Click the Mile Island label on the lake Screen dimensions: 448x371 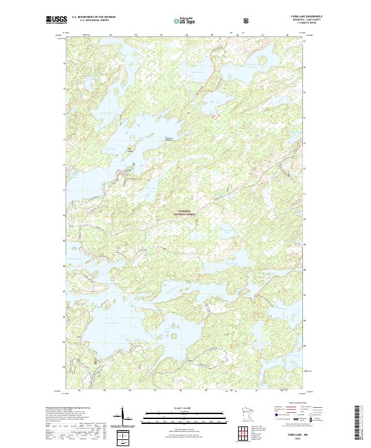click(x=130, y=148)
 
